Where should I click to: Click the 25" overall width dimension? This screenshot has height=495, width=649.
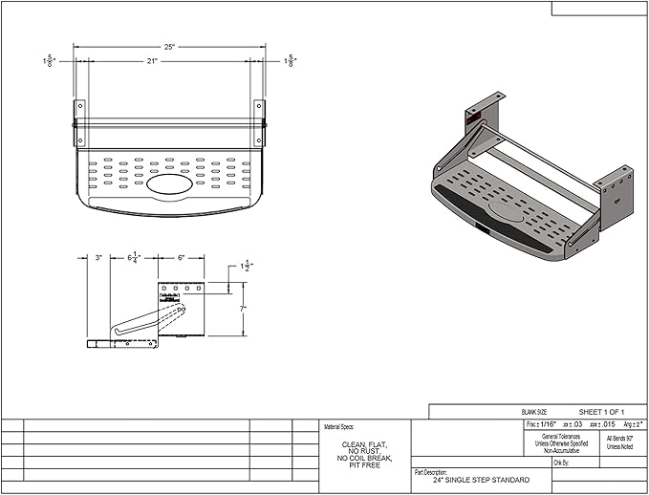click(x=170, y=46)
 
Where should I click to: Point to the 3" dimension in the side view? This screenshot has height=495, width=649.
click(x=98, y=257)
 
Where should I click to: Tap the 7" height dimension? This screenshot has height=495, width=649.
click(x=245, y=309)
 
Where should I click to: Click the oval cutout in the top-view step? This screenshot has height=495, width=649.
click(x=168, y=181)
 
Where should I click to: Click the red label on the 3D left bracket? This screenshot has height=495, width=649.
click(x=472, y=118)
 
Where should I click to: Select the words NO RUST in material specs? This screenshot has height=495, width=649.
click(x=364, y=451)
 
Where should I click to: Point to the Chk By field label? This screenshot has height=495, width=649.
click(x=562, y=462)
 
